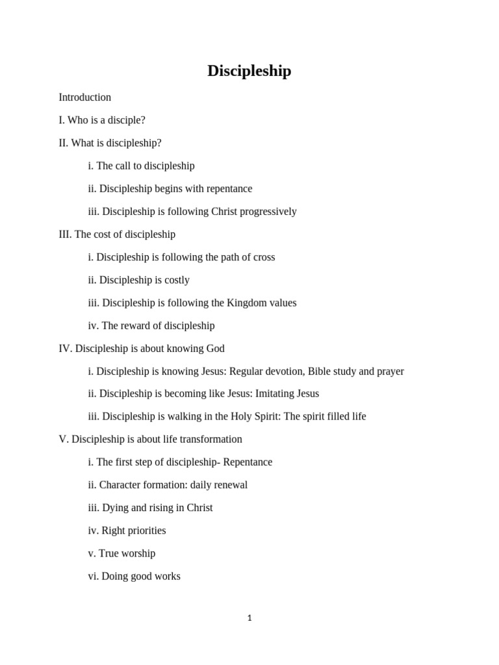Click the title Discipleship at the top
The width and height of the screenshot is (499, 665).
(x=249, y=71)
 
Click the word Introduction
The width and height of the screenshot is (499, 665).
(x=84, y=97)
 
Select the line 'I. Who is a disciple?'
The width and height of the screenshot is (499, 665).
(x=102, y=120)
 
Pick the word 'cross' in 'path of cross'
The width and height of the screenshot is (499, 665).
(x=262, y=257)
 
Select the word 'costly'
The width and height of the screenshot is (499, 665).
(x=177, y=281)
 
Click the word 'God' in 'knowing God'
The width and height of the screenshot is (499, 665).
(x=215, y=349)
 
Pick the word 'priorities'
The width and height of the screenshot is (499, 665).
(x=144, y=531)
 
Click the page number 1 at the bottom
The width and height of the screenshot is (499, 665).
(x=249, y=618)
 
